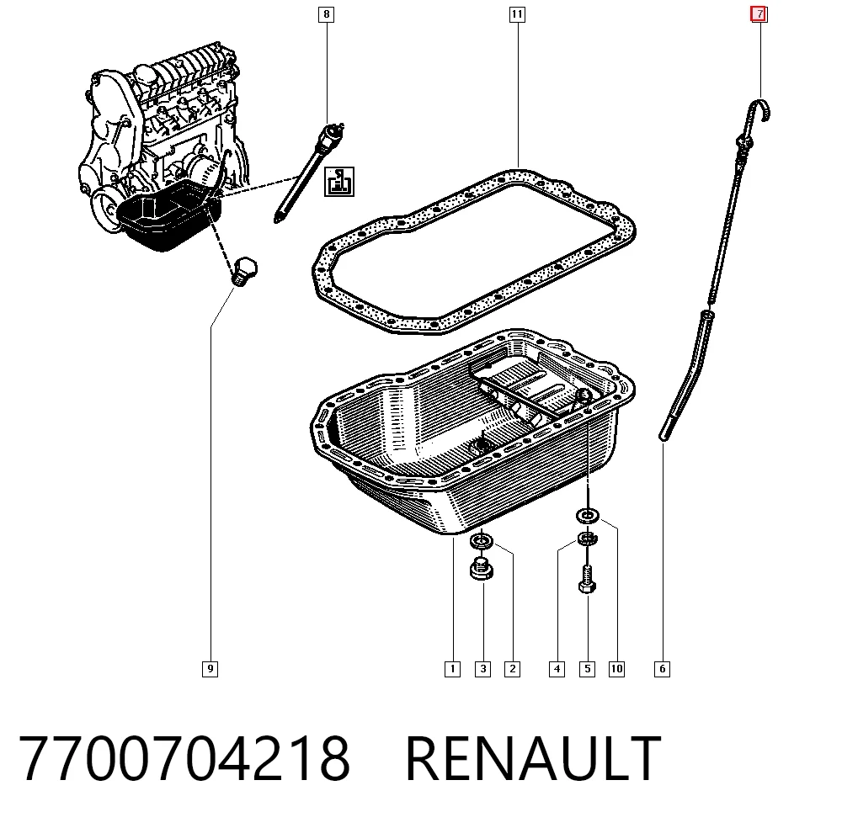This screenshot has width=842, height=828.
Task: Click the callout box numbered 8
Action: (x=327, y=14)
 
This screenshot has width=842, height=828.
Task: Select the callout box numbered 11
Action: (x=517, y=14)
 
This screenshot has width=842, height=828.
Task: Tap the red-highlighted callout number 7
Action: (x=759, y=14)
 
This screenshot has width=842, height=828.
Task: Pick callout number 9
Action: (x=210, y=669)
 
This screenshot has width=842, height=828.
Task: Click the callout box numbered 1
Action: (x=453, y=669)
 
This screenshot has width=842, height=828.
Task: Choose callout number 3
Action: (x=482, y=669)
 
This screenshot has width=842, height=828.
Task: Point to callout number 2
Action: (x=512, y=669)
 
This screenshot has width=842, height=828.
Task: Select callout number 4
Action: (x=557, y=669)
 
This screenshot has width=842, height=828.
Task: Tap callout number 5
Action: (x=587, y=669)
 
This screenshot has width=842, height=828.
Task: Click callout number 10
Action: (x=616, y=669)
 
